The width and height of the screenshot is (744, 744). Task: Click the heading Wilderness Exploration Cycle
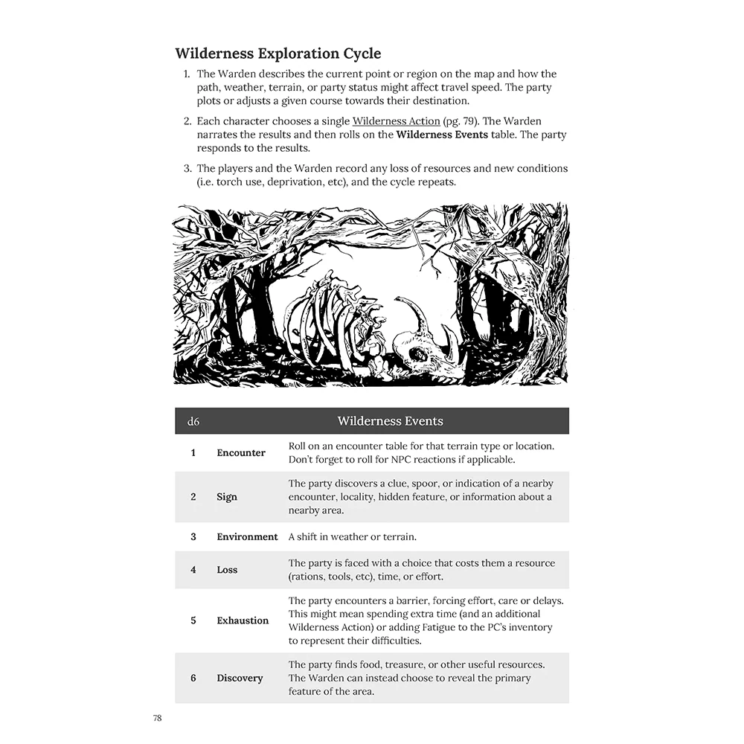pos(278,54)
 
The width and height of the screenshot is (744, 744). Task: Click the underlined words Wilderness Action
pos(396,121)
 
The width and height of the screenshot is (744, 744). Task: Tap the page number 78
pos(157,718)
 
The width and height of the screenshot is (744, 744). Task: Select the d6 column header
pos(193,422)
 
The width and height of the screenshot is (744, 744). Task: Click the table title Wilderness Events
pos(390,421)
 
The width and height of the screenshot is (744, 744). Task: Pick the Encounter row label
pos(241,452)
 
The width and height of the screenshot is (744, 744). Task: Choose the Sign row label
pos(227,497)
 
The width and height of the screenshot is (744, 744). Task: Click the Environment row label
pos(247,536)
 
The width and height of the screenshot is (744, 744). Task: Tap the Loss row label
pos(227,570)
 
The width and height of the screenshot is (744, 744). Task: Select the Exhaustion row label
pos(243,620)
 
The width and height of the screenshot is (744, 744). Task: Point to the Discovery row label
pos(240,678)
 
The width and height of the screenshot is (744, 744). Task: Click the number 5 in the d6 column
pos(193,620)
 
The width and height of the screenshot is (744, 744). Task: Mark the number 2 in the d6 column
pos(193,497)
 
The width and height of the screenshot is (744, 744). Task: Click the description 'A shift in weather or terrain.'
pos(352,536)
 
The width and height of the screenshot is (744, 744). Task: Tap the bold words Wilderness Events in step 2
pos(442,135)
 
